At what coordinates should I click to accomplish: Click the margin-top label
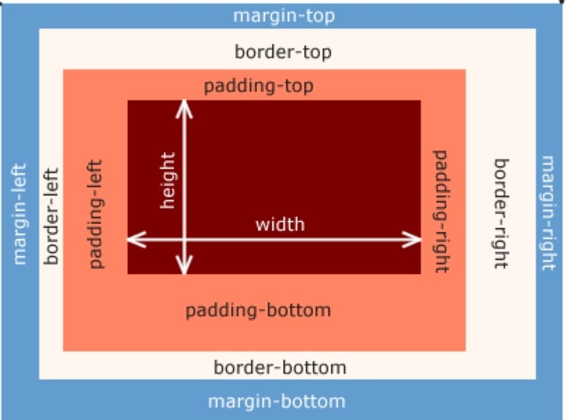[284, 16]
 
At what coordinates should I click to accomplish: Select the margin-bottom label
[277, 402]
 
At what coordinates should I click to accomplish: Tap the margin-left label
[20, 214]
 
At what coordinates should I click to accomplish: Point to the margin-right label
[548, 213]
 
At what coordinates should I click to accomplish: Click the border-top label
[284, 53]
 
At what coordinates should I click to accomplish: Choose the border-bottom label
[280, 367]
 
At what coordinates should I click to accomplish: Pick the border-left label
[51, 216]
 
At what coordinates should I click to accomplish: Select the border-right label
[501, 214]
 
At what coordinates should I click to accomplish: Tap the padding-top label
[259, 86]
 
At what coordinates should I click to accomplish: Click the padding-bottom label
[258, 311]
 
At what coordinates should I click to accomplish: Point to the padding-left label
[96, 214]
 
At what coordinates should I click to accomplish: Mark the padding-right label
[441, 211]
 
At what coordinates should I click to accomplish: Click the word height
[168, 181]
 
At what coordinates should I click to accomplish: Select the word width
[280, 225]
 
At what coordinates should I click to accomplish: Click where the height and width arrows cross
[184, 239]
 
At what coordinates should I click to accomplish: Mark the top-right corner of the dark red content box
[421, 100]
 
